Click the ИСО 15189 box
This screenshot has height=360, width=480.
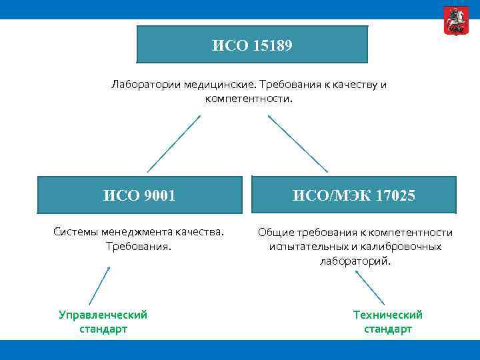(252, 45)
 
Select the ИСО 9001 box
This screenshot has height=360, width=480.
(140, 195)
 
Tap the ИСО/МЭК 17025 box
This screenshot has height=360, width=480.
(354, 195)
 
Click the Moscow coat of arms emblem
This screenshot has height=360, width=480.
(455, 21)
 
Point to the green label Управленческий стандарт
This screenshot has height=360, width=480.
(103, 321)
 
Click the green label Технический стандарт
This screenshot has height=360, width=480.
(387, 321)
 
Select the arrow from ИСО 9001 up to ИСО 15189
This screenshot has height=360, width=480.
(173, 144)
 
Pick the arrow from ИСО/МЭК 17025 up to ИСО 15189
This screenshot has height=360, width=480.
(298, 144)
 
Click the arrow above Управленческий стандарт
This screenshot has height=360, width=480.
(100, 285)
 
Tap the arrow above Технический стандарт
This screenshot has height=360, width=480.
(370, 285)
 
